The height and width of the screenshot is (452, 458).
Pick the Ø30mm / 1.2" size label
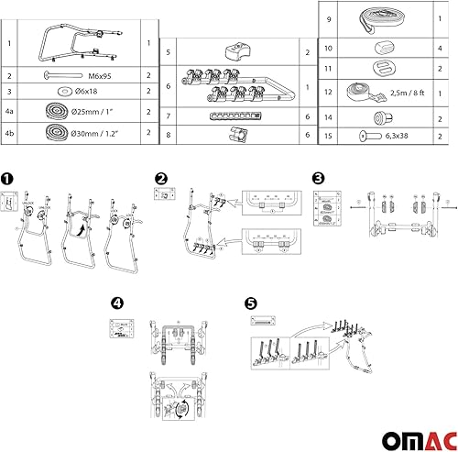tap(106, 131)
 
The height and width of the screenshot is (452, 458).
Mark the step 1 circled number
tap(8, 181)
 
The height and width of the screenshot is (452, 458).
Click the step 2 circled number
tap(161, 178)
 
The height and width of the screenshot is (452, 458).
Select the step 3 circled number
tap(319, 178)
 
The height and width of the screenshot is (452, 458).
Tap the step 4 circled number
tap(116, 303)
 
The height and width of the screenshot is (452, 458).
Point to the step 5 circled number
tap(251, 303)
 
